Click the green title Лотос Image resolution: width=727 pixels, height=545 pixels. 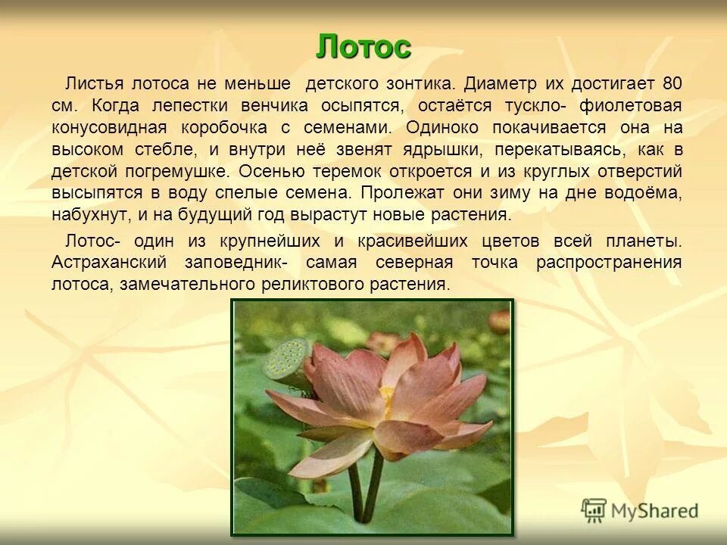(x=363, y=47)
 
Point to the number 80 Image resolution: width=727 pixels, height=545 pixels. (x=671, y=82)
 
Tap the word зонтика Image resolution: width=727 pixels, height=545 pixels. (x=419, y=82)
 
